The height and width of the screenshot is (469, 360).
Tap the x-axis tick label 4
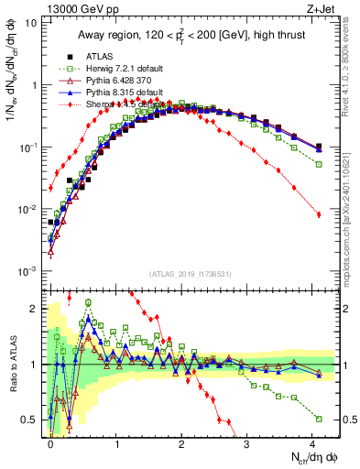coord(312,442)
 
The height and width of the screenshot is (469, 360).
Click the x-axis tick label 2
coord(181,442)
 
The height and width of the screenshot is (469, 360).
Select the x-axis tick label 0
coord(51,442)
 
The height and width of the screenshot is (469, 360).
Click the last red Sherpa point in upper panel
coord(319,214)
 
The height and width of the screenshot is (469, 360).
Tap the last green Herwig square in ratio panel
coord(319,419)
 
